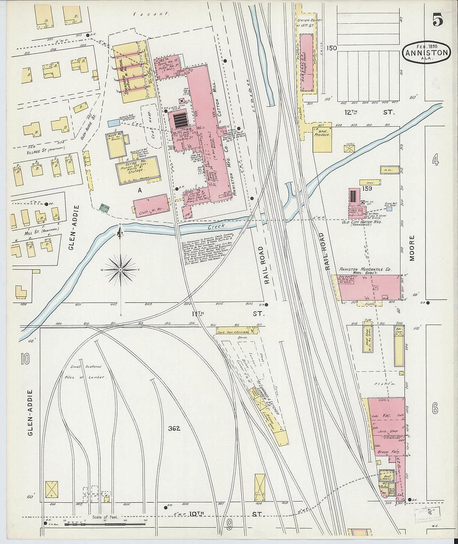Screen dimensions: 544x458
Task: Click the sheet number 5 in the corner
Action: pos(437,20)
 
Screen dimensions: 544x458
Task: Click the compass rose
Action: pos(120,270)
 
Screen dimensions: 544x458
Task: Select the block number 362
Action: pos(174,428)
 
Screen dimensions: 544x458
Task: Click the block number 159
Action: pos(367,188)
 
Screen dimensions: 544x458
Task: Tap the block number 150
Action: pos(331,48)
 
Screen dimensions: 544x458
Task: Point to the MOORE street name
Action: pos(412,248)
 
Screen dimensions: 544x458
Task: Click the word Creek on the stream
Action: pos(217,226)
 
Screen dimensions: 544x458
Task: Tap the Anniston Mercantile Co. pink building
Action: pos(371,287)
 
